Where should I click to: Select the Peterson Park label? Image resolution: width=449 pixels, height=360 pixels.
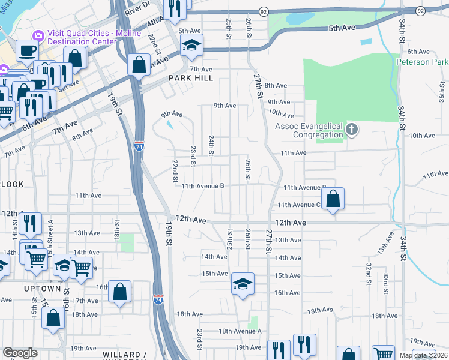pyautogui.click(x=421, y=62)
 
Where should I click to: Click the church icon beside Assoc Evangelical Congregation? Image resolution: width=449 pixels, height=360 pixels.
pyautogui.click(x=353, y=129)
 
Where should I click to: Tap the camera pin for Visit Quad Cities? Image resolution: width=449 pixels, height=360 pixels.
pyautogui.click(x=38, y=35)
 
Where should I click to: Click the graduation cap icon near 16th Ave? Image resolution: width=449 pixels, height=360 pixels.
pyautogui.click(x=243, y=283)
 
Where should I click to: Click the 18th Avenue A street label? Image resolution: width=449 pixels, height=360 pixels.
pyautogui.click(x=240, y=331)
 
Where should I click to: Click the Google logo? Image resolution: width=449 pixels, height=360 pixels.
pyautogui.click(x=20, y=353)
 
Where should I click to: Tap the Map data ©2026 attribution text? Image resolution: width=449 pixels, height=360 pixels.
pyautogui.click(x=423, y=355)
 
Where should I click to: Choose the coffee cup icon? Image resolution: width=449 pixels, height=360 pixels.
pyautogui.click(x=26, y=50)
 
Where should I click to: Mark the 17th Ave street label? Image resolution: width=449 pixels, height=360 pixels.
pyautogui.click(x=85, y=301)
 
